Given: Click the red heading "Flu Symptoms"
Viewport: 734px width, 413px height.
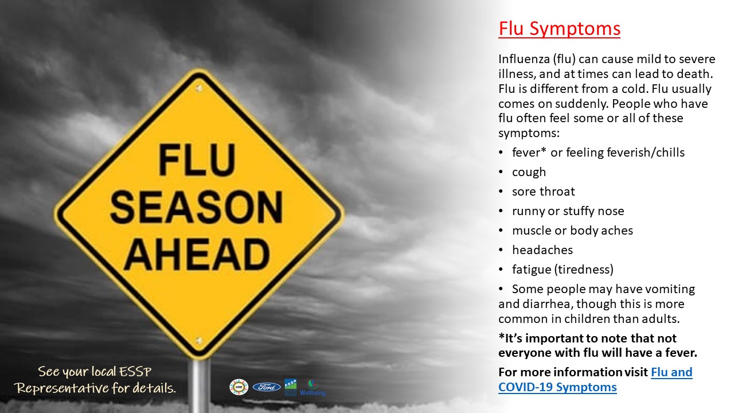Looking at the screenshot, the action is [x=559, y=29].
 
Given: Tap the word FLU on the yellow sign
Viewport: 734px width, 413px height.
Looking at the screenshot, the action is [x=197, y=160].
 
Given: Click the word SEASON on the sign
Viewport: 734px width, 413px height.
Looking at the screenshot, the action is [x=196, y=207].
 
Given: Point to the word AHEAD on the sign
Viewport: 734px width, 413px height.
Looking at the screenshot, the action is [x=197, y=254].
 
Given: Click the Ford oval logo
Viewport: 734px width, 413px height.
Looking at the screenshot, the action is [x=267, y=387].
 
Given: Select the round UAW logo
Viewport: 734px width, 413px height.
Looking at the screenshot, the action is [x=239, y=387].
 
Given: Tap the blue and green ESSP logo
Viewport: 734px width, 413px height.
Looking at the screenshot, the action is [x=290, y=387].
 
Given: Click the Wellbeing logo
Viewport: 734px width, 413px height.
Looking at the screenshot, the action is [x=313, y=388].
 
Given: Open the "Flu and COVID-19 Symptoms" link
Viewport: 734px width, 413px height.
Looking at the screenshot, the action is [x=595, y=380].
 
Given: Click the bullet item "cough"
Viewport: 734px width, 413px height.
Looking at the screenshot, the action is [x=529, y=172].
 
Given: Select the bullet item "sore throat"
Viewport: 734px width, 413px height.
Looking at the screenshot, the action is [x=543, y=192].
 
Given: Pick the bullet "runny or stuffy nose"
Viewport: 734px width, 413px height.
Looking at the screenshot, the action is [x=568, y=211].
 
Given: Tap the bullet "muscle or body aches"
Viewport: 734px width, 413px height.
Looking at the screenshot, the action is [x=572, y=231].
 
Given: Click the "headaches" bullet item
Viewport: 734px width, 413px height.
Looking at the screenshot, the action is [x=542, y=250].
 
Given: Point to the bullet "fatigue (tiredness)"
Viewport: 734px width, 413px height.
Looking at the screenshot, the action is [x=563, y=270].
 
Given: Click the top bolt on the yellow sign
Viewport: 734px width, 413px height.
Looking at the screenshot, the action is [x=198, y=88].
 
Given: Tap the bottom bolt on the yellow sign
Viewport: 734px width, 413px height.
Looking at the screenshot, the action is [x=198, y=340].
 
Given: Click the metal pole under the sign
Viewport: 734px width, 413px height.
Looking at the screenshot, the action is [x=200, y=386].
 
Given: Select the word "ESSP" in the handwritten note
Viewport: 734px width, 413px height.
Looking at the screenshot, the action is [x=135, y=372].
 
